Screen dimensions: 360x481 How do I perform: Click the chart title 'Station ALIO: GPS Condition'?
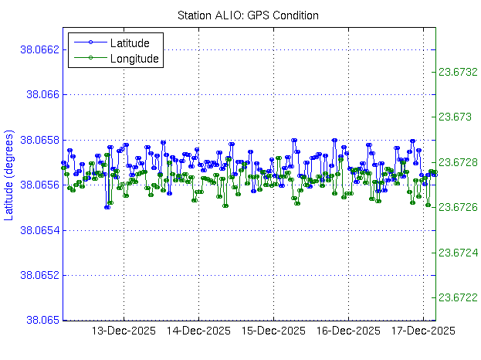click(248, 15)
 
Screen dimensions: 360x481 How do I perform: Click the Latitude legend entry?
click(134, 42)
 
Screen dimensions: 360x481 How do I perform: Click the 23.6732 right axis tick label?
click(458, 72)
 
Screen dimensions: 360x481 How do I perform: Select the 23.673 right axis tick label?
click(456, 117)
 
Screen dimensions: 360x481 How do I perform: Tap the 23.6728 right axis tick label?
click(458, 162)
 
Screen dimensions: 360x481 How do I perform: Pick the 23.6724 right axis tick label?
click(458, 253)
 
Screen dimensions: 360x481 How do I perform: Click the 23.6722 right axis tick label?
click(458, 297)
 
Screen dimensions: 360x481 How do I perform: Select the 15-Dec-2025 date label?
click(274, 331)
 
